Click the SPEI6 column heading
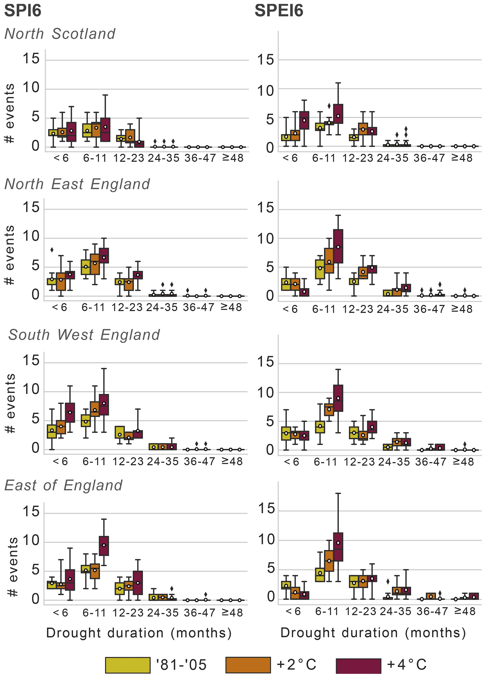tap(279, 11)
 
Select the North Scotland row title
tap(60, 34)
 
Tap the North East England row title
tap(77, 184)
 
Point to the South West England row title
tap(84, 335)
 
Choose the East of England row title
tap(63, 485)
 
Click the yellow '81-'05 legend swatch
tap(128, 665)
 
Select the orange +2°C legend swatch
tap(248, 665)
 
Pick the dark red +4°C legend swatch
tap(358, 665)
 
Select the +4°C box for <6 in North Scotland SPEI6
tap(304, 120)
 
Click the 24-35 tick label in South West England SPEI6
tap(394, 462)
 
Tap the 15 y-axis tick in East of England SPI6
tap(31, 512)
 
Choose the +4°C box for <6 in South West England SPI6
tap(70, 412)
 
